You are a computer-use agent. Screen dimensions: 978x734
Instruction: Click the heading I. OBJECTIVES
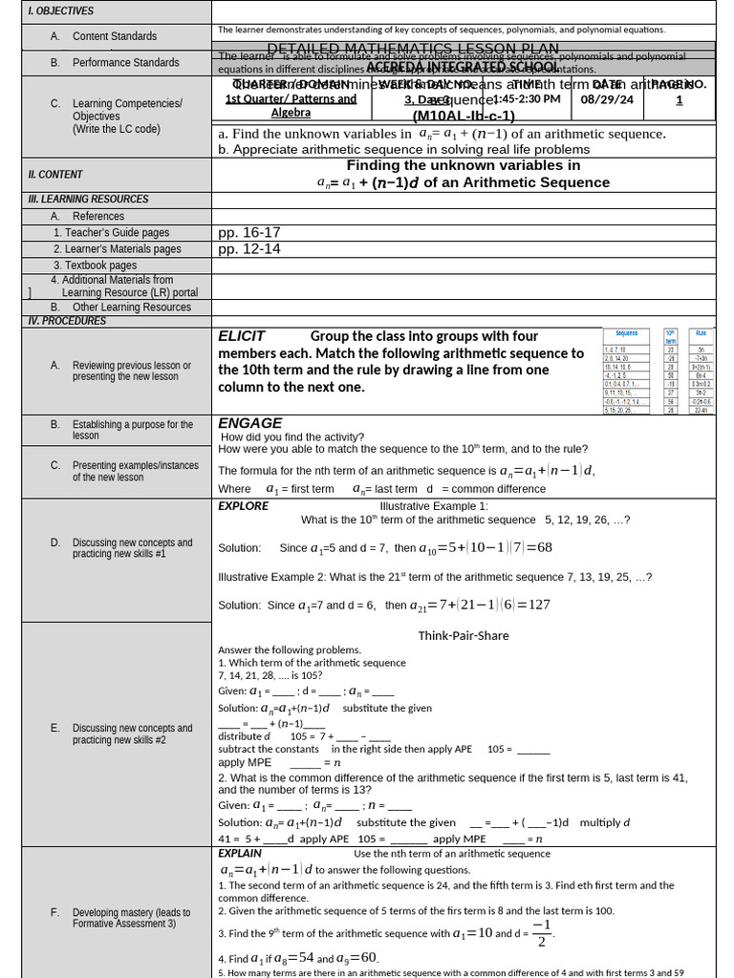pos(61,11)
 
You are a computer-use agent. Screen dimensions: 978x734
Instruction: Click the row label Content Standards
pos(115,36)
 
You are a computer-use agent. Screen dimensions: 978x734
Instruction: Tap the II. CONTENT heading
pos(55,174)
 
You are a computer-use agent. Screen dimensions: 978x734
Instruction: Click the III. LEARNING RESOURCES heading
pos(88,200)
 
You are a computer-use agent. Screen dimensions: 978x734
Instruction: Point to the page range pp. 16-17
pos(249,232)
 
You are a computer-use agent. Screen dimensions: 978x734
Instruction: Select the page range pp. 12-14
pos(249,249)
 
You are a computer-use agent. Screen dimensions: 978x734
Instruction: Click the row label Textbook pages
pos(95,266)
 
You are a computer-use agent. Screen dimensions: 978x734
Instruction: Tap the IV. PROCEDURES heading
pos(67,321)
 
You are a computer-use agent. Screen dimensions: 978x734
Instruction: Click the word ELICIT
pos(241,336)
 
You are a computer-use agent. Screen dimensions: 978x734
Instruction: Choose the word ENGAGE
pos(250,423)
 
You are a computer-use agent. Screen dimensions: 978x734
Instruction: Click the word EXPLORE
pos(243,506)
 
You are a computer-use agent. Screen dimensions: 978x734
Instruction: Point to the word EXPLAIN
pos(240,853)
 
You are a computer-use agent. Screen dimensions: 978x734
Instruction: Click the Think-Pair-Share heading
pos(464,635)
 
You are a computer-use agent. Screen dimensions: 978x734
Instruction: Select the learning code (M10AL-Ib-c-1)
pos(464,116)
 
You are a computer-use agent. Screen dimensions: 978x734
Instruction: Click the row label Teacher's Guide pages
pos(111,232)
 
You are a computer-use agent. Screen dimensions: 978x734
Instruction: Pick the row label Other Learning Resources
pos(132,308)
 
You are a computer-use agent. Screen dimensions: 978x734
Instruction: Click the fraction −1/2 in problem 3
pos(541,933)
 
